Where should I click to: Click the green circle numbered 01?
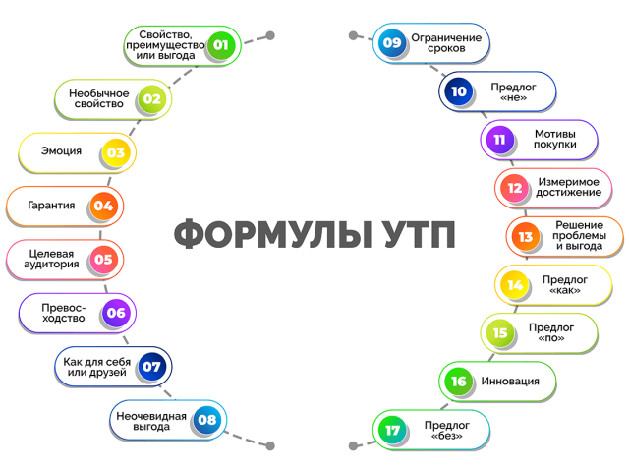click(220, 45)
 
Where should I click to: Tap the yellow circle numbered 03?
click(116, 152)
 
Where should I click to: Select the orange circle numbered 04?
click(103, 206)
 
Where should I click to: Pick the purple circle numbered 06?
click(116, 313)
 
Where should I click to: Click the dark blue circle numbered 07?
click(151, 366)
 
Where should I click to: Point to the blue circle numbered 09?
click(392, 42)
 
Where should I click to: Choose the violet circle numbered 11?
click(499, 140)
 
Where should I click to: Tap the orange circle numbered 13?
click(525, 237)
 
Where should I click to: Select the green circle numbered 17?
click(392, 430)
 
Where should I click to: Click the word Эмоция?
click(61, 151)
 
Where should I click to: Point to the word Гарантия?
click(51, 206)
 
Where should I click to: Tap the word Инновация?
click(510, 381)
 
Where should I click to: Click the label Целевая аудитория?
click(51, 259)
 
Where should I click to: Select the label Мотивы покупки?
click(554, 139)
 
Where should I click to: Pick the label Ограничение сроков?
click(446, 43)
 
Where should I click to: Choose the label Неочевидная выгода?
click(151, 421)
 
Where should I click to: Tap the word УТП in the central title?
click(419, 234)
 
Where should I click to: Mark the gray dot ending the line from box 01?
click(271, 35)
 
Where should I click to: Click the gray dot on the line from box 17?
click(353, 445)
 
